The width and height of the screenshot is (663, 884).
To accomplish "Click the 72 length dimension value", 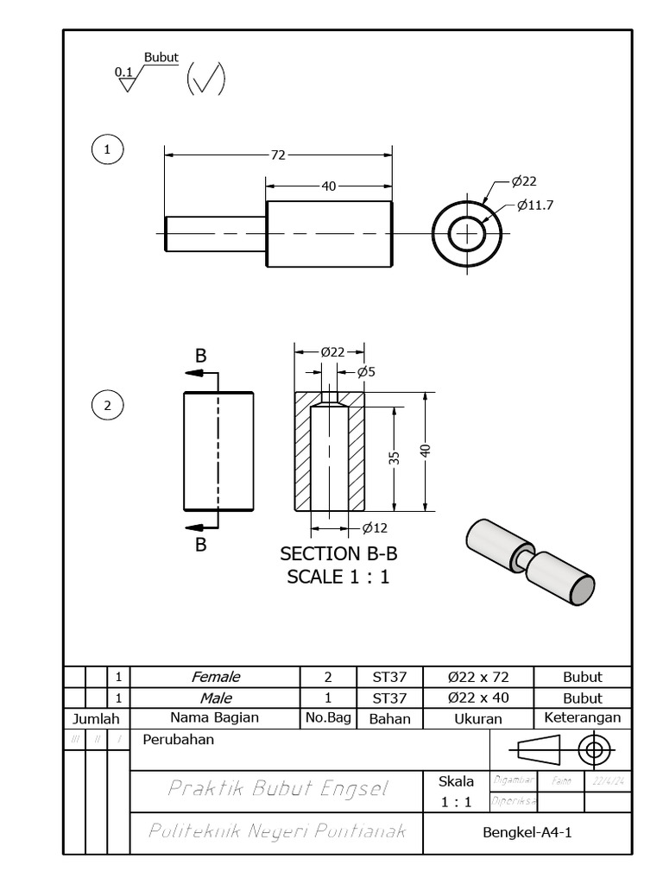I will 278,155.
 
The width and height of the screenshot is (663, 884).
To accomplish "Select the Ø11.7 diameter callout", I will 535,205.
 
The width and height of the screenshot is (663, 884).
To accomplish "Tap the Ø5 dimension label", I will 366,372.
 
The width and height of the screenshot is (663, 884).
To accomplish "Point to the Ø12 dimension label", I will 375,528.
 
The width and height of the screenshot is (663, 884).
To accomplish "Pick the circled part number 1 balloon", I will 107,149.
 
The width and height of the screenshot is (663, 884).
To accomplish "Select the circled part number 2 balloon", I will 107,405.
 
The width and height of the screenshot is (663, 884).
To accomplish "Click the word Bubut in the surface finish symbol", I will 161,58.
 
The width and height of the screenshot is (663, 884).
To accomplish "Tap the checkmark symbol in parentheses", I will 206,79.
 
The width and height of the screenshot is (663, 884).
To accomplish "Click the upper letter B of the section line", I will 200,356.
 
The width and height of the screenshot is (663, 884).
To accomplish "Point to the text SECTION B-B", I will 338,553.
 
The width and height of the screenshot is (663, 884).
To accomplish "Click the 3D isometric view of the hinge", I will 529,561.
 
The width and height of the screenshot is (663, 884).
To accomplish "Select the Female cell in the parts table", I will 215,677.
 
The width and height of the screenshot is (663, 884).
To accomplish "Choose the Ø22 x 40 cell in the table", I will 478,698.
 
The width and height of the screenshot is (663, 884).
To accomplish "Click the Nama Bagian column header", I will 214,717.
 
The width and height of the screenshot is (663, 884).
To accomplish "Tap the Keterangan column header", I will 582,717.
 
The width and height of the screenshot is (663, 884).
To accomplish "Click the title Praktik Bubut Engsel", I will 276,788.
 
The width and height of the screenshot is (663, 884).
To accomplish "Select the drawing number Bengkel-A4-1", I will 527,832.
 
